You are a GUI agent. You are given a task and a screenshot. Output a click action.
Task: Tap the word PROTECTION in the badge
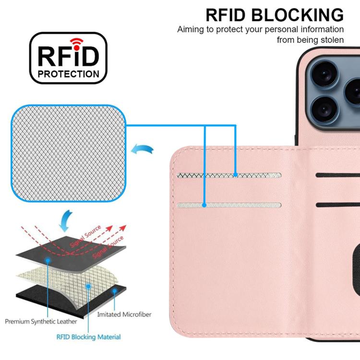69,74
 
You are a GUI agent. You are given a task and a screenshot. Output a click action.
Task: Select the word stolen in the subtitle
330,40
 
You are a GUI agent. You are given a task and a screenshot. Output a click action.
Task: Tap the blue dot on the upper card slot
236,175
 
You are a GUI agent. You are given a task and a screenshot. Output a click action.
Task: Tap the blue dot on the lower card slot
204,205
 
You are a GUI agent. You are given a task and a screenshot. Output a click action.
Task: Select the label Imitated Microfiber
124,314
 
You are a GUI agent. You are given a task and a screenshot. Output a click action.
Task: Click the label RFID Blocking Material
89,337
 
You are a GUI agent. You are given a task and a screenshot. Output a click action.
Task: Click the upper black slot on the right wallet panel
338,175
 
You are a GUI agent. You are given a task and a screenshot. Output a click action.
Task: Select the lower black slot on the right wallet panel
338,205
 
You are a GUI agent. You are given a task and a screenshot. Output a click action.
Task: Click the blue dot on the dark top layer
48,260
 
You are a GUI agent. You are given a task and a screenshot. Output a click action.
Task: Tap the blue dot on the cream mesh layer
89,286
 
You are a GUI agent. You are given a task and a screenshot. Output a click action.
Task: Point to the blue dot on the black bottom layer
114,291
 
